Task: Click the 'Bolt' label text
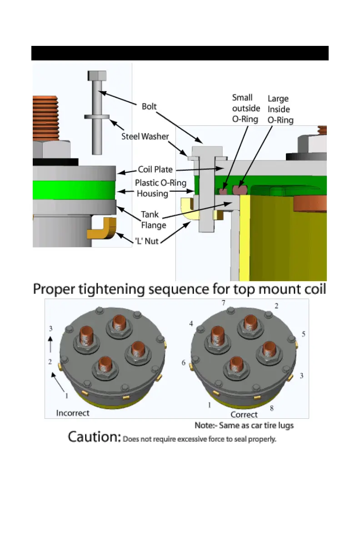tap(149, 106)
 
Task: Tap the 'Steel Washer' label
tap(145, 136)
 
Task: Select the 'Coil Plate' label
tap(155, 169)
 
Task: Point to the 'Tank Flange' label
tap(154, 220)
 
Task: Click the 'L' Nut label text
tap(146, 241)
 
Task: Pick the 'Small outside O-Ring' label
tap(246, 108)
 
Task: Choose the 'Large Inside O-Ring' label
tap(280, 109)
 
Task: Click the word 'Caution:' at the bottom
tap(95, 437)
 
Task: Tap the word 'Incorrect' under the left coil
tap(73, 413)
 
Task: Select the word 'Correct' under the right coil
tap(244, 415)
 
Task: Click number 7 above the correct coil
tap(223, 303)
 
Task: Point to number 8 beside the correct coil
tap(271, 408)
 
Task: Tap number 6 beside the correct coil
tap(183, 362)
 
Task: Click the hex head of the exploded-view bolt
tap(97, 75)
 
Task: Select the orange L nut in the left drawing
tap(102, 228)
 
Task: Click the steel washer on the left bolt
tap(97, 116)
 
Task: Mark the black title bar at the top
tap(180, 53)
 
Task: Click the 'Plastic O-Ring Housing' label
tap(160, 188)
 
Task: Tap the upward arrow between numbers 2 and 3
tap(50, 344)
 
